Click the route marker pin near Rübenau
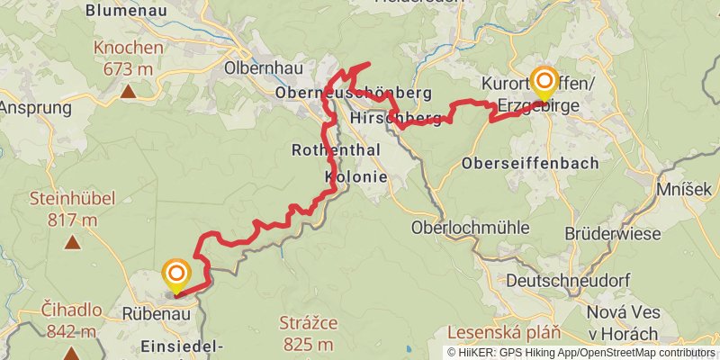176,274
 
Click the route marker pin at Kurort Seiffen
544,82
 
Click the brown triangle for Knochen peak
129,91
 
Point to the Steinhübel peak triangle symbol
71,241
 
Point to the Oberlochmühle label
470,227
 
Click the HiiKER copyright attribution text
581,352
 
